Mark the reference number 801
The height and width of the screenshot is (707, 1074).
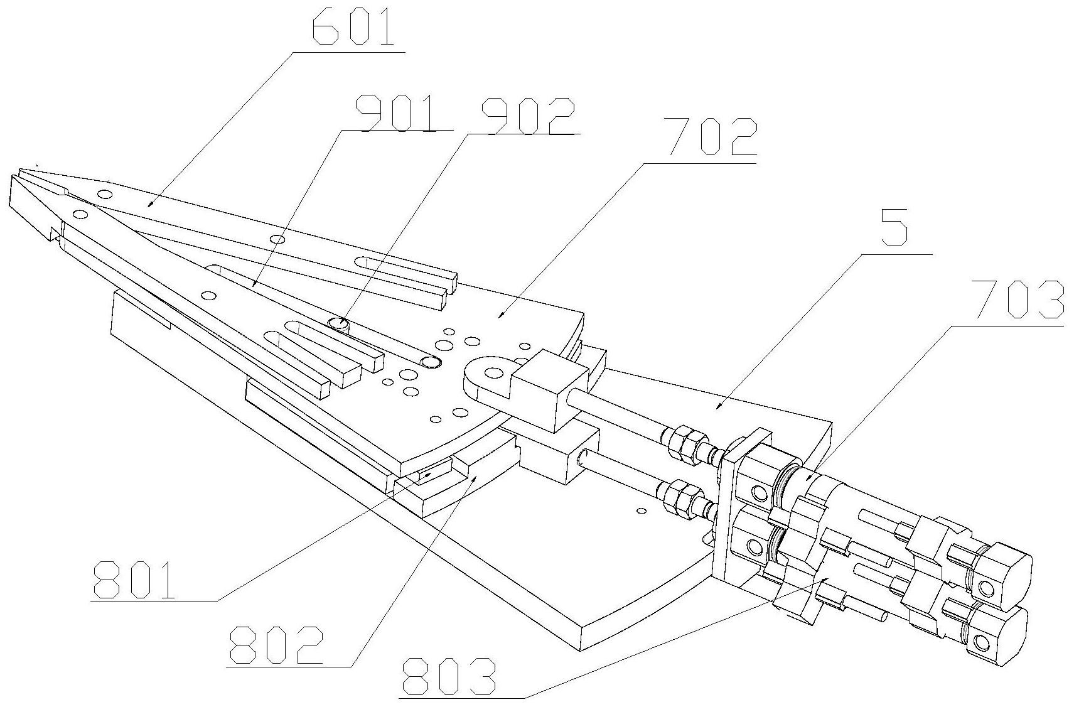(132, 580)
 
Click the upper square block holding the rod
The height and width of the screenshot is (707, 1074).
(542, 387)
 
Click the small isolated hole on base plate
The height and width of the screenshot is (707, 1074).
(640, 510)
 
